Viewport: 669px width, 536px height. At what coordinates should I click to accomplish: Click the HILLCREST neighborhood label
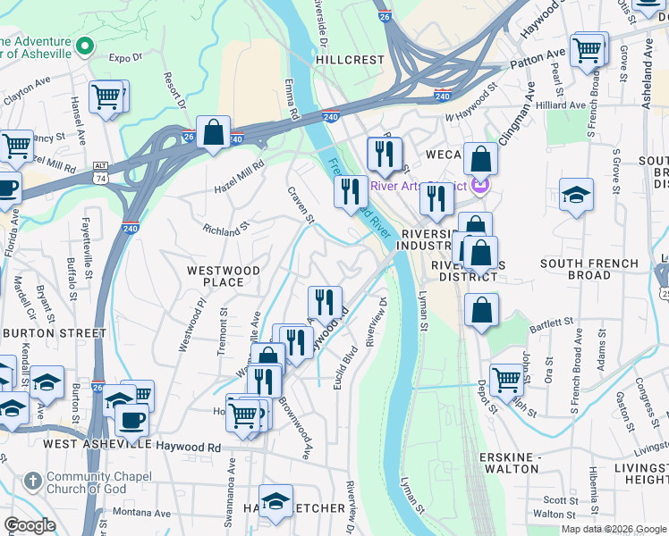click(x=350, y=60)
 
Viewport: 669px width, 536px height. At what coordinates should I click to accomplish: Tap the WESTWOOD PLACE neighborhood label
click(x=223, y=276)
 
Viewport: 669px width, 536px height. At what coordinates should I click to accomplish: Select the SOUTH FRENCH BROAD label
click(x=589, y=269)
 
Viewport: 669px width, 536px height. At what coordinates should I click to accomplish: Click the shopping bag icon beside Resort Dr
click(x=214, y=133)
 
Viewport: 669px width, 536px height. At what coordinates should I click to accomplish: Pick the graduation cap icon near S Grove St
click(x=576, y=195)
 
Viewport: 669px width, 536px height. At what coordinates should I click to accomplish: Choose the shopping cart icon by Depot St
click(x=506, y=380)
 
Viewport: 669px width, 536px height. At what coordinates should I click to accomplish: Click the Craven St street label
click(x=301, y=205)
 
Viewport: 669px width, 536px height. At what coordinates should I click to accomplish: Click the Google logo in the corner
click(x=30, y=526)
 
